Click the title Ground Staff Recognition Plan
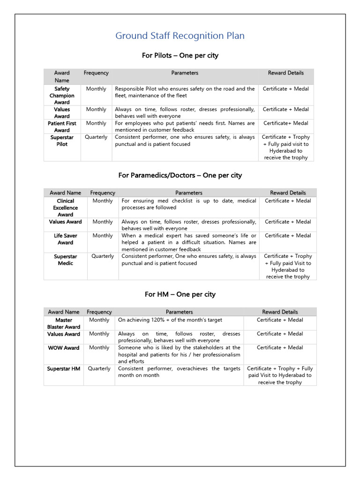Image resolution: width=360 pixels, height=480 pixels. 180,36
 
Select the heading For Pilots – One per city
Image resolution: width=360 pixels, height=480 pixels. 180,55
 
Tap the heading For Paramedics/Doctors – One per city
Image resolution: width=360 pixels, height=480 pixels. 180,175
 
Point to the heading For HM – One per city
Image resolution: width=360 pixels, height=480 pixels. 180,294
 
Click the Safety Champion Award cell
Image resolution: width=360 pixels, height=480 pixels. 62,95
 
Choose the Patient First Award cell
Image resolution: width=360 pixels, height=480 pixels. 62,127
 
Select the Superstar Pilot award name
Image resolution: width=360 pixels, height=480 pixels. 62,141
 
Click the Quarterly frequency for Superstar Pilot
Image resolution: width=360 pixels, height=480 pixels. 96,137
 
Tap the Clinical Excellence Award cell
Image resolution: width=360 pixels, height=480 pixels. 65,208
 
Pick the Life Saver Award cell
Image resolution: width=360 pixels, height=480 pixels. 65,239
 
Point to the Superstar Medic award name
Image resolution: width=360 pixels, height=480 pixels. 65,260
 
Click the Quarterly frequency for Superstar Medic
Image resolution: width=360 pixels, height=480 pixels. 103,256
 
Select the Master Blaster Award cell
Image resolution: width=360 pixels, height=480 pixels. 64,323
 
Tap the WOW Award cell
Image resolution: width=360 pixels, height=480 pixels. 64,348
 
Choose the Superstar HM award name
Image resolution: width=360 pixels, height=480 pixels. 64,369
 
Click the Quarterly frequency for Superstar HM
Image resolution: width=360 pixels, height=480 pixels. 99,369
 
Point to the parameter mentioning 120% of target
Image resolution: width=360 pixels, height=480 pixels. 170,320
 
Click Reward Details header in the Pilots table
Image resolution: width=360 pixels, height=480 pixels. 286,73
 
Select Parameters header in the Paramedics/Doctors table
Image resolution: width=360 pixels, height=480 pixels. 189,193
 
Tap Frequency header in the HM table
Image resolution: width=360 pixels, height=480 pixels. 99,312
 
